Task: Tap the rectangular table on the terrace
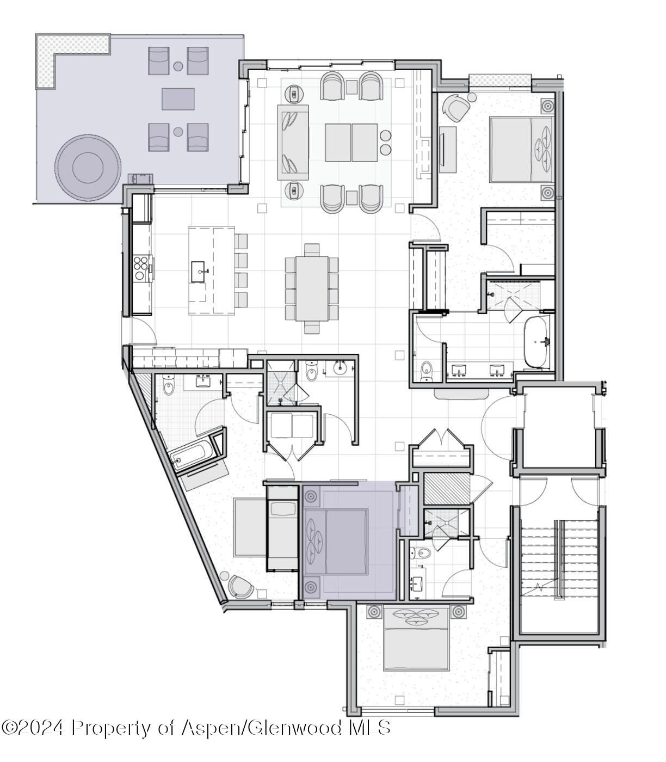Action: click(x=178, y=99)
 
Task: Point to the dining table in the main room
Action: click(x=312, y=287)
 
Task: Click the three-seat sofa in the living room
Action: click(x=293, y=142)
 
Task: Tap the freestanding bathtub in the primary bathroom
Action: click(x=536, y=342)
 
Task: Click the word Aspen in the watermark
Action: click(x=211, y=727)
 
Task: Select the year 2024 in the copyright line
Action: click(x=43, y=727)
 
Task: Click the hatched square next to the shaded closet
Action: click(x=446, y=488)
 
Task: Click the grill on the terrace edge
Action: click(x=140, y=179)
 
